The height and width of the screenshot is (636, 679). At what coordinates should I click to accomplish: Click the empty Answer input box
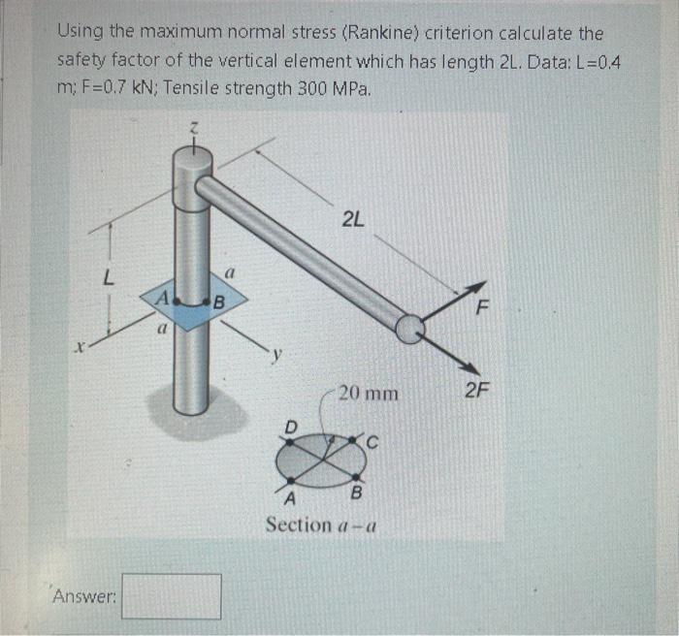click(x=171, y=596)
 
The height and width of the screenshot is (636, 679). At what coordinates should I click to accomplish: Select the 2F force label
click(x=477, y=392)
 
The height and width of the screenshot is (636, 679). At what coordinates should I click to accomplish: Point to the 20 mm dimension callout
click(x=368, y=394)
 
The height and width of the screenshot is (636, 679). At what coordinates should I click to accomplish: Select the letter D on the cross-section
click(x=289, y=425)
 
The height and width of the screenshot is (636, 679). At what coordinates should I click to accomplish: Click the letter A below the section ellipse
click(x=288, y=498)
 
